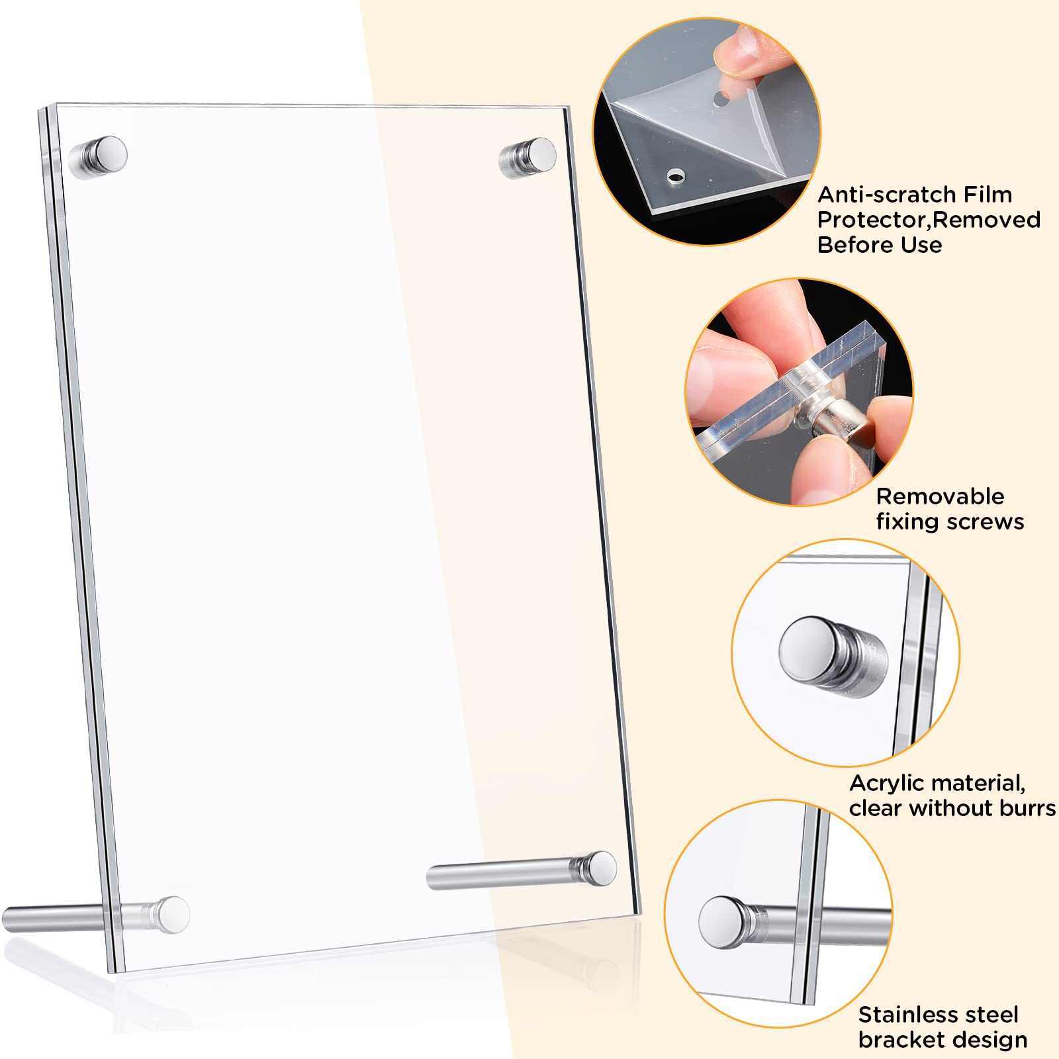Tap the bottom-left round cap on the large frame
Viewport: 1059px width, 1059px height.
(x=173, y=915)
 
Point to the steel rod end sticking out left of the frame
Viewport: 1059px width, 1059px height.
(x=13, y=920)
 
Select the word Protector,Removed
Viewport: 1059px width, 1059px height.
(x=929, y=220)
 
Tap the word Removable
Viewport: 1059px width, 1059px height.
(x=940, y=496)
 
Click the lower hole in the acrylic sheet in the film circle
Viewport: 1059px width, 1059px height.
(x=674, y=176)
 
